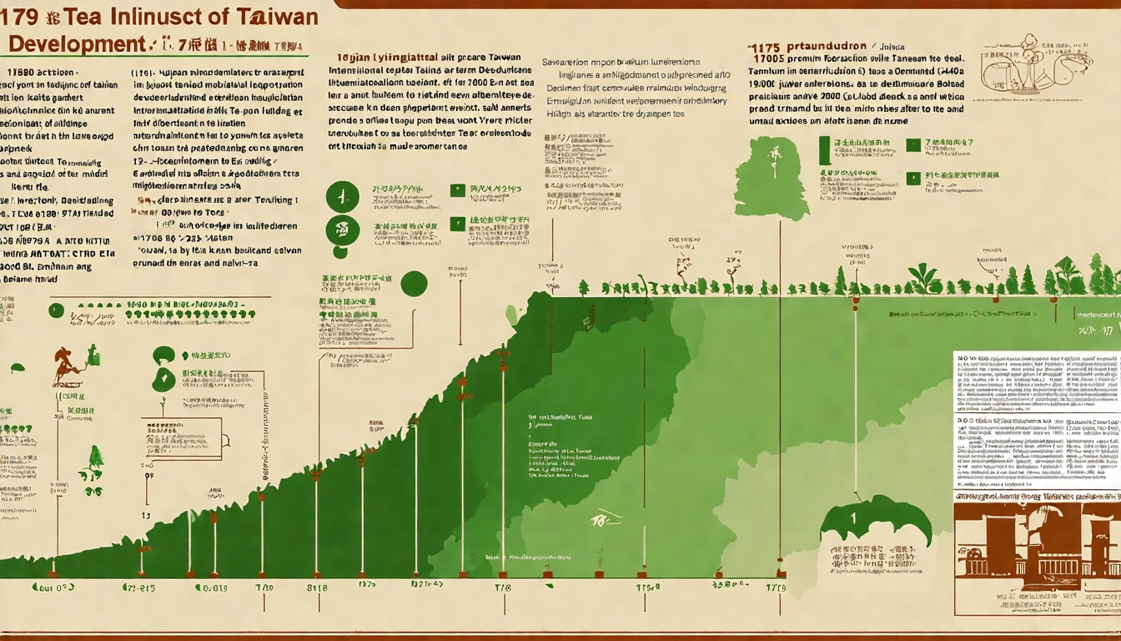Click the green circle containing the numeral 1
click(x=342, y=197)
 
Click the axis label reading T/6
click(x=503, y=588)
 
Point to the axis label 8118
click(x=317, y=588)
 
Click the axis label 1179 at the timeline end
click(x=775, y=588)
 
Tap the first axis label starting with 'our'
click(x=53, y=588)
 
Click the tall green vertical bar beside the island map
click(x=824, y=150)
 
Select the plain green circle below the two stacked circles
click(x=414, y=284)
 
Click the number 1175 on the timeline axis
click(x=648, y=588)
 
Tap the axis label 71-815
click(x=140, y=588)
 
